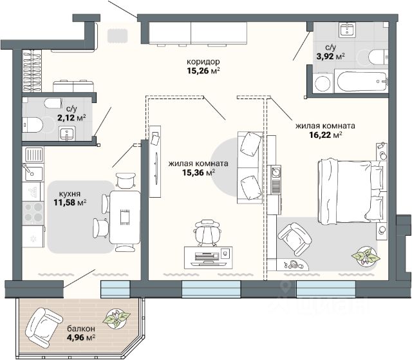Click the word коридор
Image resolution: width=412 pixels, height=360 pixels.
point(203,62)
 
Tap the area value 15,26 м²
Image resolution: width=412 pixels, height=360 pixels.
point(203,71)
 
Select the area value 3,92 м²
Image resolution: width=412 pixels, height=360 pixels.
point(330,56)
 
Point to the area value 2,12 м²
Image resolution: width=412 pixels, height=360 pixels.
point(71,117)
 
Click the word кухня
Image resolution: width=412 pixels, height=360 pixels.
point(70,194)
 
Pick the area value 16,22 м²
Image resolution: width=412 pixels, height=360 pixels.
point(326,135)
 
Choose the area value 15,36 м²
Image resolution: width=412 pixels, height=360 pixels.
point(199,173)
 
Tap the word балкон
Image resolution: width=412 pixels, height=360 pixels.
point(81,328)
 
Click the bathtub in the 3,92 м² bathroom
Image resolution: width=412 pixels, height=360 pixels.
point(362,81)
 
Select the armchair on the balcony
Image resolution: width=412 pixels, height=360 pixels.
point(44,328)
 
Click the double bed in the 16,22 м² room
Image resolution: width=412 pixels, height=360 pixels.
point(352,191)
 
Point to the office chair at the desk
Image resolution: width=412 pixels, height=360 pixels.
point(207,233)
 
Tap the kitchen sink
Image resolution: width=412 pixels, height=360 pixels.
point(34,173)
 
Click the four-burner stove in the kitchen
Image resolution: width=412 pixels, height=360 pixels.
point(33,213)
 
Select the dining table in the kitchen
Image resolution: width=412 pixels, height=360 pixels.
point(125,217)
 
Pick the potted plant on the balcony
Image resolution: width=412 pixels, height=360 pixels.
point(117,319)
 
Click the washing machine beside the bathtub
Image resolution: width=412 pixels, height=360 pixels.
point(323,83)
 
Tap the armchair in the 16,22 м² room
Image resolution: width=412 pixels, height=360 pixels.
point(295,239)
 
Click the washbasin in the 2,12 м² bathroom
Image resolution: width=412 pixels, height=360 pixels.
point(67,133)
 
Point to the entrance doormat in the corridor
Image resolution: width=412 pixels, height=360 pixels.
point(118,35)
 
